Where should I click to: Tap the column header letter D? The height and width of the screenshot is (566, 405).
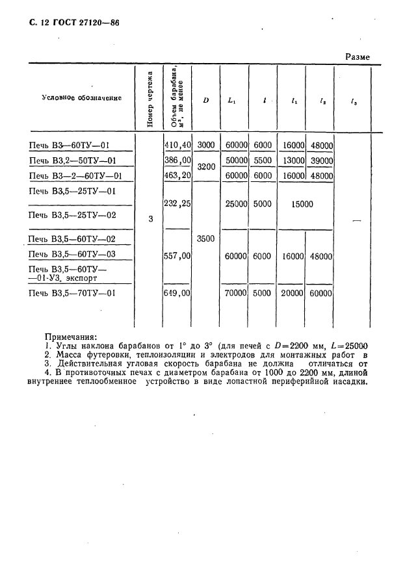tap(205, 101)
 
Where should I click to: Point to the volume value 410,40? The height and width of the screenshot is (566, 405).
tap(177, 146)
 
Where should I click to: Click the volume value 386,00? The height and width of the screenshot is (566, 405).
tap(177, 161)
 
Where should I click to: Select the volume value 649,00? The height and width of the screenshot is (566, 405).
tap(177, 293)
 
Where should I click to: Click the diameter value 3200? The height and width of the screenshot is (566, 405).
tap(205, 167)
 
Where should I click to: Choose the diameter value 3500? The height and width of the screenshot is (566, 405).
tap(205, 239)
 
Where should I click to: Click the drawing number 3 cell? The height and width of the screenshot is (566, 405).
tap(151, 219)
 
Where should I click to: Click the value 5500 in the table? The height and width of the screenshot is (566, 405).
tap(262, 161)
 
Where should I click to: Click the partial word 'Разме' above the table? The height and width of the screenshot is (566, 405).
tap(357, 57)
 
